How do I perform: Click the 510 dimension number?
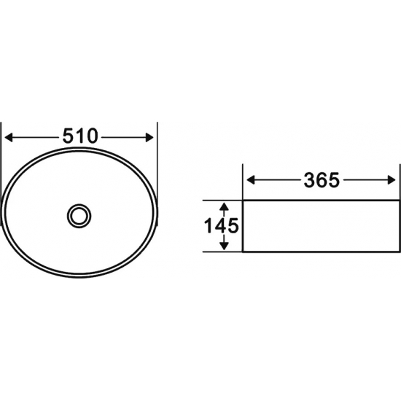(x=80, y=136)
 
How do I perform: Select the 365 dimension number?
(x=322, y=180)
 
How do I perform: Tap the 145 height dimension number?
(x=221, y=226)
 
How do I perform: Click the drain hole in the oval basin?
(x=79, y=216)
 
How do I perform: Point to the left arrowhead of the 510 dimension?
(x=9, y=138)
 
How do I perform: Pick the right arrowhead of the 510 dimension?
(x=149, y=138)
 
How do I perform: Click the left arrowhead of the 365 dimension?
(x=250, y=180)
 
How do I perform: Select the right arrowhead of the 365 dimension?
(x=392, y=180)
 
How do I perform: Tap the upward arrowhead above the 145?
(x=224, y=206)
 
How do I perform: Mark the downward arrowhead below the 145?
(x=224, y=246)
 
